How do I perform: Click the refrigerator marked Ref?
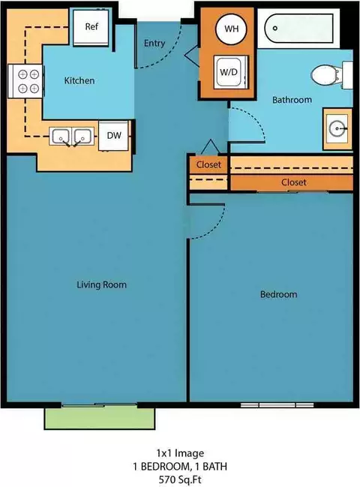pos(91,27)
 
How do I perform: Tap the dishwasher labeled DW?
pos(113,136)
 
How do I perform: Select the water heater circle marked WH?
pos(232,29)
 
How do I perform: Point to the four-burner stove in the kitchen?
pos(26,81)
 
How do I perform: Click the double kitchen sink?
pos(72,137)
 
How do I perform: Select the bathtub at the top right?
pos(298,28)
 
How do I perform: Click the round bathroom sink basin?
pos(337,128)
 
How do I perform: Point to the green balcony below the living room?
pos(100,419)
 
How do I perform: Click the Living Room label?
pos(102,285)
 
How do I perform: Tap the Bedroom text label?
pos(278,294)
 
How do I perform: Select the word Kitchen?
pos(79,81)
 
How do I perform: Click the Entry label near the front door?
pos(154,44)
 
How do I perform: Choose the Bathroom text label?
pos(292,100)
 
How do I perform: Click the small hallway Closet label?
pos(208,164)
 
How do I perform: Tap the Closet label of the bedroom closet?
pos(293,182)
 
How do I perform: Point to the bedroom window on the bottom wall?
pos(277,405)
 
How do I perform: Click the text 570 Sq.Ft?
pos(180,479)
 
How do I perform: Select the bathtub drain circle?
pos(275,29)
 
